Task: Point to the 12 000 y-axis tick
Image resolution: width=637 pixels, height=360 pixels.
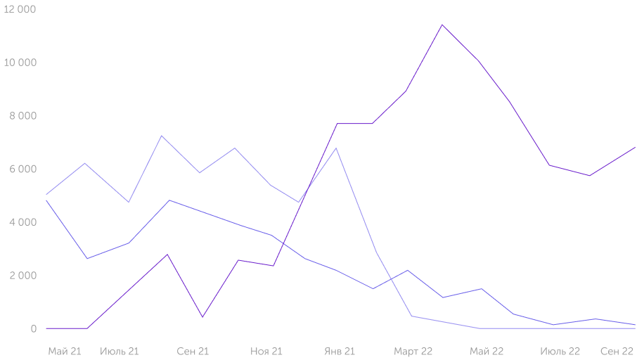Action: click(20, 9)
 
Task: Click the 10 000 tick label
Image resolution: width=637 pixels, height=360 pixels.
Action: click(20, 63)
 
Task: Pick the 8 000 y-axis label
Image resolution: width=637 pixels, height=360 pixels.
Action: click(23, 116)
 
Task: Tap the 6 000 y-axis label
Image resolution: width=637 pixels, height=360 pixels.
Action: click(23, 169)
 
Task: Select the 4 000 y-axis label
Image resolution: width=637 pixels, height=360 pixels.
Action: click(23, 223)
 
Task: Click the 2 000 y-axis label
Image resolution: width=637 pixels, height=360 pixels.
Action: click(23, 276)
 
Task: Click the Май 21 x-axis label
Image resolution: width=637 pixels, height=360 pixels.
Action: click(65, 351)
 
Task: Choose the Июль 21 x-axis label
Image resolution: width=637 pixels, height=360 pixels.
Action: click(120, 351)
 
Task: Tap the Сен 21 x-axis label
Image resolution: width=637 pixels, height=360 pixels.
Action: click(193, 351)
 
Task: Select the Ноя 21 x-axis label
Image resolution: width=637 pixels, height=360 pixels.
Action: click(266, 351)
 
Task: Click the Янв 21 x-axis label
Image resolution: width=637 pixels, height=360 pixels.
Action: click(340, 351)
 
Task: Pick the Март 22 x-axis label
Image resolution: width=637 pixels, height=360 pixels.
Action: click(413, 351)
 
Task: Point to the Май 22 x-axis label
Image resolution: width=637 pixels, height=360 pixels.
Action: click(487, 351)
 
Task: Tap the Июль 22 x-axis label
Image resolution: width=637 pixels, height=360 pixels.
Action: click(560, 351)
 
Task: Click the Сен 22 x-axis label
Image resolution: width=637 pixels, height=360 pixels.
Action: click(617, 351)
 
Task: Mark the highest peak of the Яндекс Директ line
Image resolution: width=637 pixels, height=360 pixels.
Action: click(442, 25)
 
